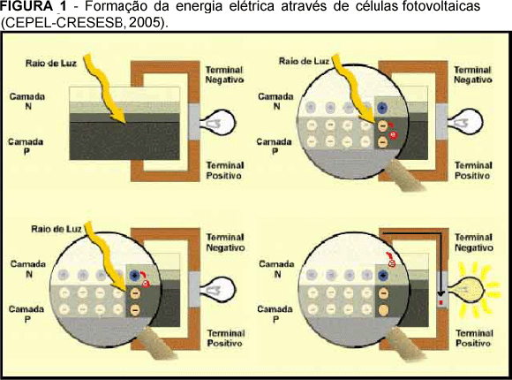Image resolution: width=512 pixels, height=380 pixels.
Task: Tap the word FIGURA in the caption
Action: pyautogui.click(x=26, y=6)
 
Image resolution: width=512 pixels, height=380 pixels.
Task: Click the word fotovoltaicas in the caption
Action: pyautogui.click(x=440, y=6)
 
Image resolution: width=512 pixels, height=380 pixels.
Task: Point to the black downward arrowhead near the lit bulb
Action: pyautogui.click(x=440, y=293)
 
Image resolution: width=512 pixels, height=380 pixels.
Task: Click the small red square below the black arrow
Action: pyautogui.click(x=440, y=302)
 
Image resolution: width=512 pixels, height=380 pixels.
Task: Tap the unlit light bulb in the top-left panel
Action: pyautogui.click(x=217, y=124)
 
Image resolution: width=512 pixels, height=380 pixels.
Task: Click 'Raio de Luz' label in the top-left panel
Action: pyautogui.click(x=51, y=63)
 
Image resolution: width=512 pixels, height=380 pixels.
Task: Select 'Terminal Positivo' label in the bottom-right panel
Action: pyautogui.click(x=474, y=338)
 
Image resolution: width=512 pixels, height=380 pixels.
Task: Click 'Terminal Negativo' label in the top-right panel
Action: pyautogui.click(x=472, y=74)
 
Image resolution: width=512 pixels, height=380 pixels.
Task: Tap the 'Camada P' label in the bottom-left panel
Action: pyautogui.click(x=26, y=314)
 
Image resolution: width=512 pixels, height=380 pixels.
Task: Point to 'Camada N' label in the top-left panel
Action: pyautogui.click(x=27, y=102)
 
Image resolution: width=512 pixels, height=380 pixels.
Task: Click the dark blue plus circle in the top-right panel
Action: pyautogui.click(x=381, y=107)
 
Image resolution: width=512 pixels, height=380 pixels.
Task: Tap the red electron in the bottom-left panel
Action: pyautogui.click(x=146, y=284)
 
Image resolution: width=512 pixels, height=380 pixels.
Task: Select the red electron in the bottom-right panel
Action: pyautogui.click(x=391, y=263)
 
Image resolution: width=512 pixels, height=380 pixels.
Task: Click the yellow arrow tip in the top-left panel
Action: pyautogui.click(x=125, y=123)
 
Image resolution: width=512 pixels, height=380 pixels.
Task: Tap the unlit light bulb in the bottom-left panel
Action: pyautogui.click(x=217, y=290)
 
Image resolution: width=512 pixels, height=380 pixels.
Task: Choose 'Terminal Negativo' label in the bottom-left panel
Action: pyautogui.click(x=226, y=242)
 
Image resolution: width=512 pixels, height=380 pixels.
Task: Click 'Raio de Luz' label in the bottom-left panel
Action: pyautogui.click(x=56, y=229)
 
